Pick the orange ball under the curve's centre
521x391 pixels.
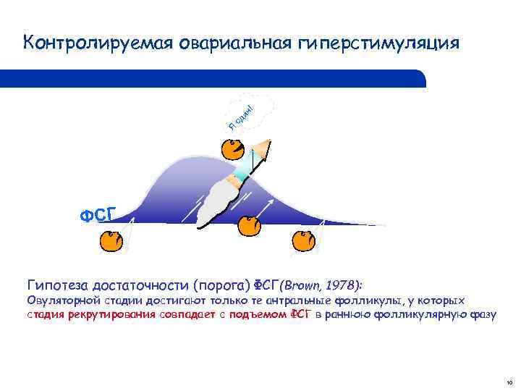[248, 224]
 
